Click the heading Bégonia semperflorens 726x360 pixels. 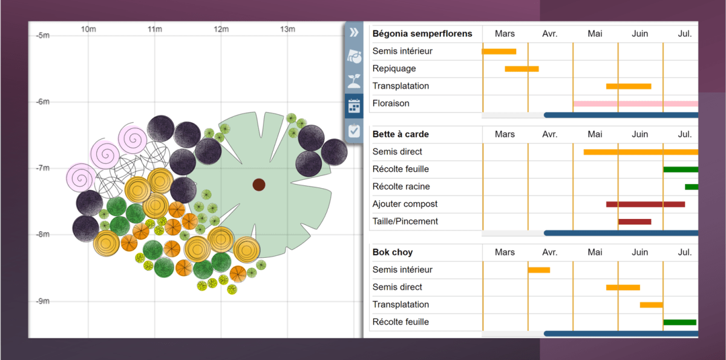[x=422, y=34]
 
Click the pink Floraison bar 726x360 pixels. [x=635, y=103]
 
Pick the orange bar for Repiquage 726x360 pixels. [x=522, y=69]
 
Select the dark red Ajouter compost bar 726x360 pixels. [x=645, y=205]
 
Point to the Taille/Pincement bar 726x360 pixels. [x=634, y=221]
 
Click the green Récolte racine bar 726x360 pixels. [x=692, y=187]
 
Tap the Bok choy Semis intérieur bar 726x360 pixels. [x=538, y=270]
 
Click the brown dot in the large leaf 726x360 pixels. [x=259, y=185]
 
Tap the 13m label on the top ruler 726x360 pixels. [x=287, y=29]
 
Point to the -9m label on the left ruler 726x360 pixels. [x=42, y=301]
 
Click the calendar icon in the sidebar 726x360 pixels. [x=355, y=106]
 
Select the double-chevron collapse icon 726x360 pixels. [x=355, y=33]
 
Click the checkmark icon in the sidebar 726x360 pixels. [x=355, y=130]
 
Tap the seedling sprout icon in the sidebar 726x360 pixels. [x=355, y=82]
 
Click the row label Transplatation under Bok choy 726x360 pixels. [x=401, y=305]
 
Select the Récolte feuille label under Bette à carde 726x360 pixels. [x=401, y=169]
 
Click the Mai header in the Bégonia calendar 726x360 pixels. [x=595, y=34]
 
